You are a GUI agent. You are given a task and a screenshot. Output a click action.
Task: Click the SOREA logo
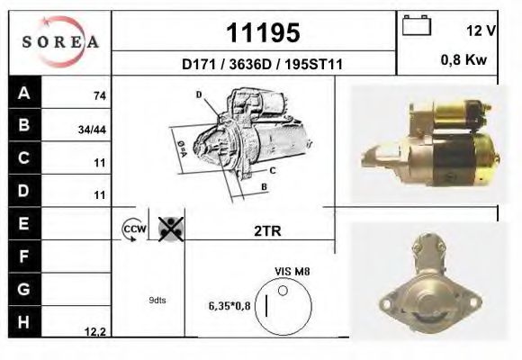pyautogui.click(x=59, y=41)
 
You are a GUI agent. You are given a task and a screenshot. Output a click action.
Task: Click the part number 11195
pyautogui.click(x=262, y=33)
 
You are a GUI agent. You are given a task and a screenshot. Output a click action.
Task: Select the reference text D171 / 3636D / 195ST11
pyautogui.click(x=261, y=65)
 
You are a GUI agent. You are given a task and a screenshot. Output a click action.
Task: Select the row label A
pyautogui.click(x=23, y=93)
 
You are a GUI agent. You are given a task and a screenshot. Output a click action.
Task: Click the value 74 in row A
pyautogui.click(x=98, y=94)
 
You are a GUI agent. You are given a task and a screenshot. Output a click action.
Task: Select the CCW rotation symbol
pyautogui.click(x=133, y=229)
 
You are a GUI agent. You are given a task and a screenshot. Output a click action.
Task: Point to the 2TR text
pyautogui.click(x=267, y=230)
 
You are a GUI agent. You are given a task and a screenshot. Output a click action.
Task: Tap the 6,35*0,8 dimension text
pyautogui.click(x=229, y=306)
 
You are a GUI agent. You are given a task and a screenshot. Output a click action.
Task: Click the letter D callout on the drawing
pyautogui.click(x=198, y=94)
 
